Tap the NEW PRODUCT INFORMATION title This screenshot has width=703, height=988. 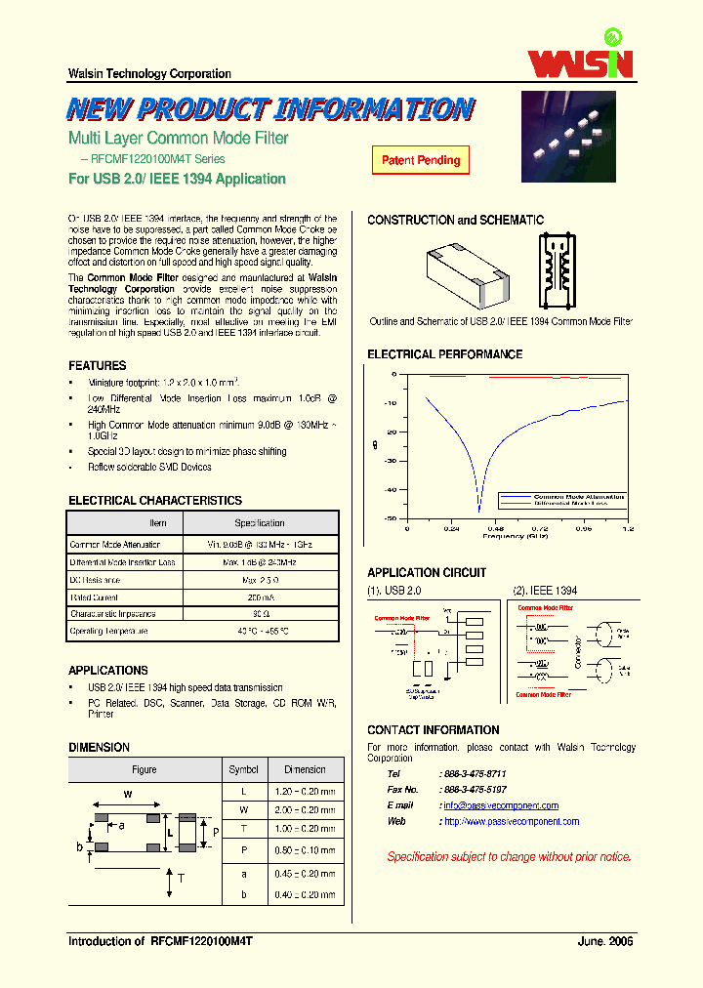pos(270,108)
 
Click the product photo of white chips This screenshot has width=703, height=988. pos(568,137)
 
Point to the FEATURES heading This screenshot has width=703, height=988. pos(97,365)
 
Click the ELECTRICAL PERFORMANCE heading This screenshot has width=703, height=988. pos(444,354)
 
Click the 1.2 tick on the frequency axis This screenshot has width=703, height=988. pos(628,528)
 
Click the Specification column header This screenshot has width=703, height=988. pos(259,523)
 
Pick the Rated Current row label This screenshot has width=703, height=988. pos(94,597)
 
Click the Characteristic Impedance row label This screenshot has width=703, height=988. pos(112,614)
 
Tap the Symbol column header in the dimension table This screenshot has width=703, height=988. pos(243,769)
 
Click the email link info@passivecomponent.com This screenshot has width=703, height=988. pos(501,805)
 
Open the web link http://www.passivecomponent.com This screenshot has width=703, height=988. pos(511,821)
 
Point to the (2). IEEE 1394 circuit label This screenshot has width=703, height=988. pos(545,591)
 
